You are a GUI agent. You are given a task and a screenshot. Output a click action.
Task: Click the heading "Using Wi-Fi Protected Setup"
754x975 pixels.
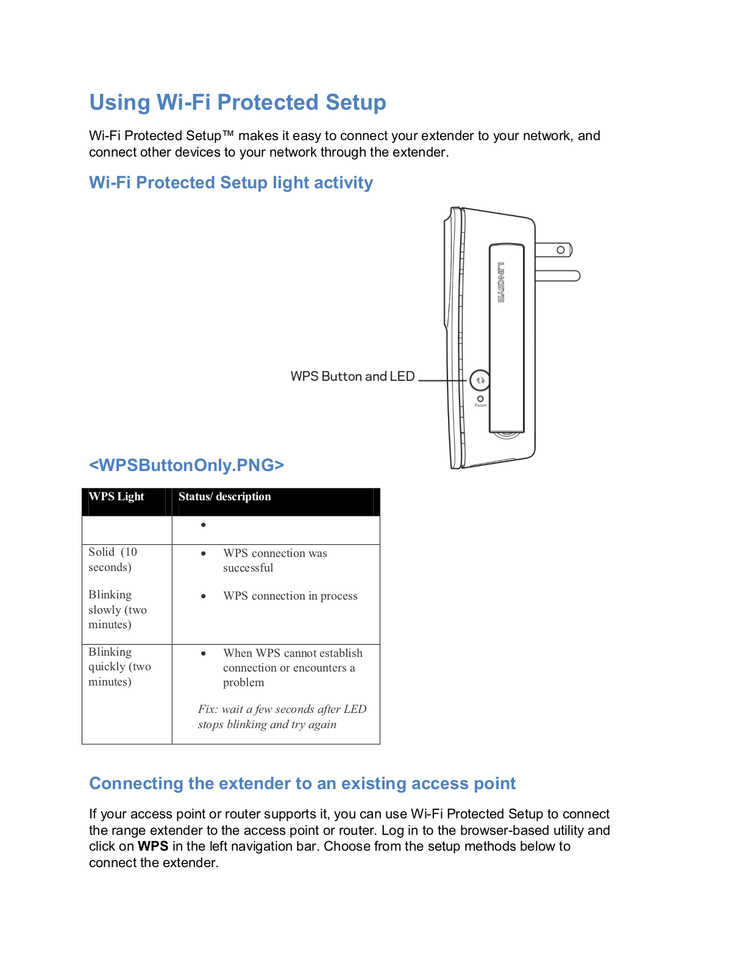click(237, 102)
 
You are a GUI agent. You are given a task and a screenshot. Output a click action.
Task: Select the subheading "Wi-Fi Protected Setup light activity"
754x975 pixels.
click(230, 183)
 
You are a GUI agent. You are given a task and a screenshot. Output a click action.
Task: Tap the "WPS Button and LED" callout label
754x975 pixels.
click(352, 377)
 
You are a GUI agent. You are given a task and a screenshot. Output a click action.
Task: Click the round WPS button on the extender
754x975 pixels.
click(480, 380)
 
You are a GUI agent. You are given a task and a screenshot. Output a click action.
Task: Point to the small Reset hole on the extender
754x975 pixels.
click(480, 399)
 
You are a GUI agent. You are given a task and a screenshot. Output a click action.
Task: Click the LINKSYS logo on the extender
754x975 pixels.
click(501, 282)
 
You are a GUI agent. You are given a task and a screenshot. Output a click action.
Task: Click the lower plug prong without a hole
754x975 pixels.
click(557, 276)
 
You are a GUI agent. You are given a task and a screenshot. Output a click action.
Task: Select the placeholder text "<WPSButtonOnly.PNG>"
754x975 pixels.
click(187, 466)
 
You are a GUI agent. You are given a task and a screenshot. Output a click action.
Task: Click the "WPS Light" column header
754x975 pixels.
click(116, 497)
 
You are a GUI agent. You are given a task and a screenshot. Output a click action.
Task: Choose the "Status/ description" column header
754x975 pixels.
click(224, 497)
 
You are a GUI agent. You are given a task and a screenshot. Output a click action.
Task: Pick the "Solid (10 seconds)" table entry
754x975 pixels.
click(113, 559)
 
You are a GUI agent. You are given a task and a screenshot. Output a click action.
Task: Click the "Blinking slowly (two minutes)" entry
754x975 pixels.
click(117, 609)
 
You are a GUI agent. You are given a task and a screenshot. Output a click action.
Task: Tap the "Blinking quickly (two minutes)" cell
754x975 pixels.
click(119, 667)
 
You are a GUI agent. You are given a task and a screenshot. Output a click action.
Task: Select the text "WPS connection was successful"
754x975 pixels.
click(274, 561)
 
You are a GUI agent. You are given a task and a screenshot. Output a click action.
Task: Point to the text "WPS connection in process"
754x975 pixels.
click(290, 596)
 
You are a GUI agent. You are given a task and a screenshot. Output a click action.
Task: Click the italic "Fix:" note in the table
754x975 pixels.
click(282, 717)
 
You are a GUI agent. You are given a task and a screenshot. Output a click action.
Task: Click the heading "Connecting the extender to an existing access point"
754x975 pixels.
click(302, 784)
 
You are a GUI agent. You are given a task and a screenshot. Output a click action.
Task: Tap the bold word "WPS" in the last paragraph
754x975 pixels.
click(153, 846)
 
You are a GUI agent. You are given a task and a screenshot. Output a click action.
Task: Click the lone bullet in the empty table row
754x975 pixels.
click(204, 525)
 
